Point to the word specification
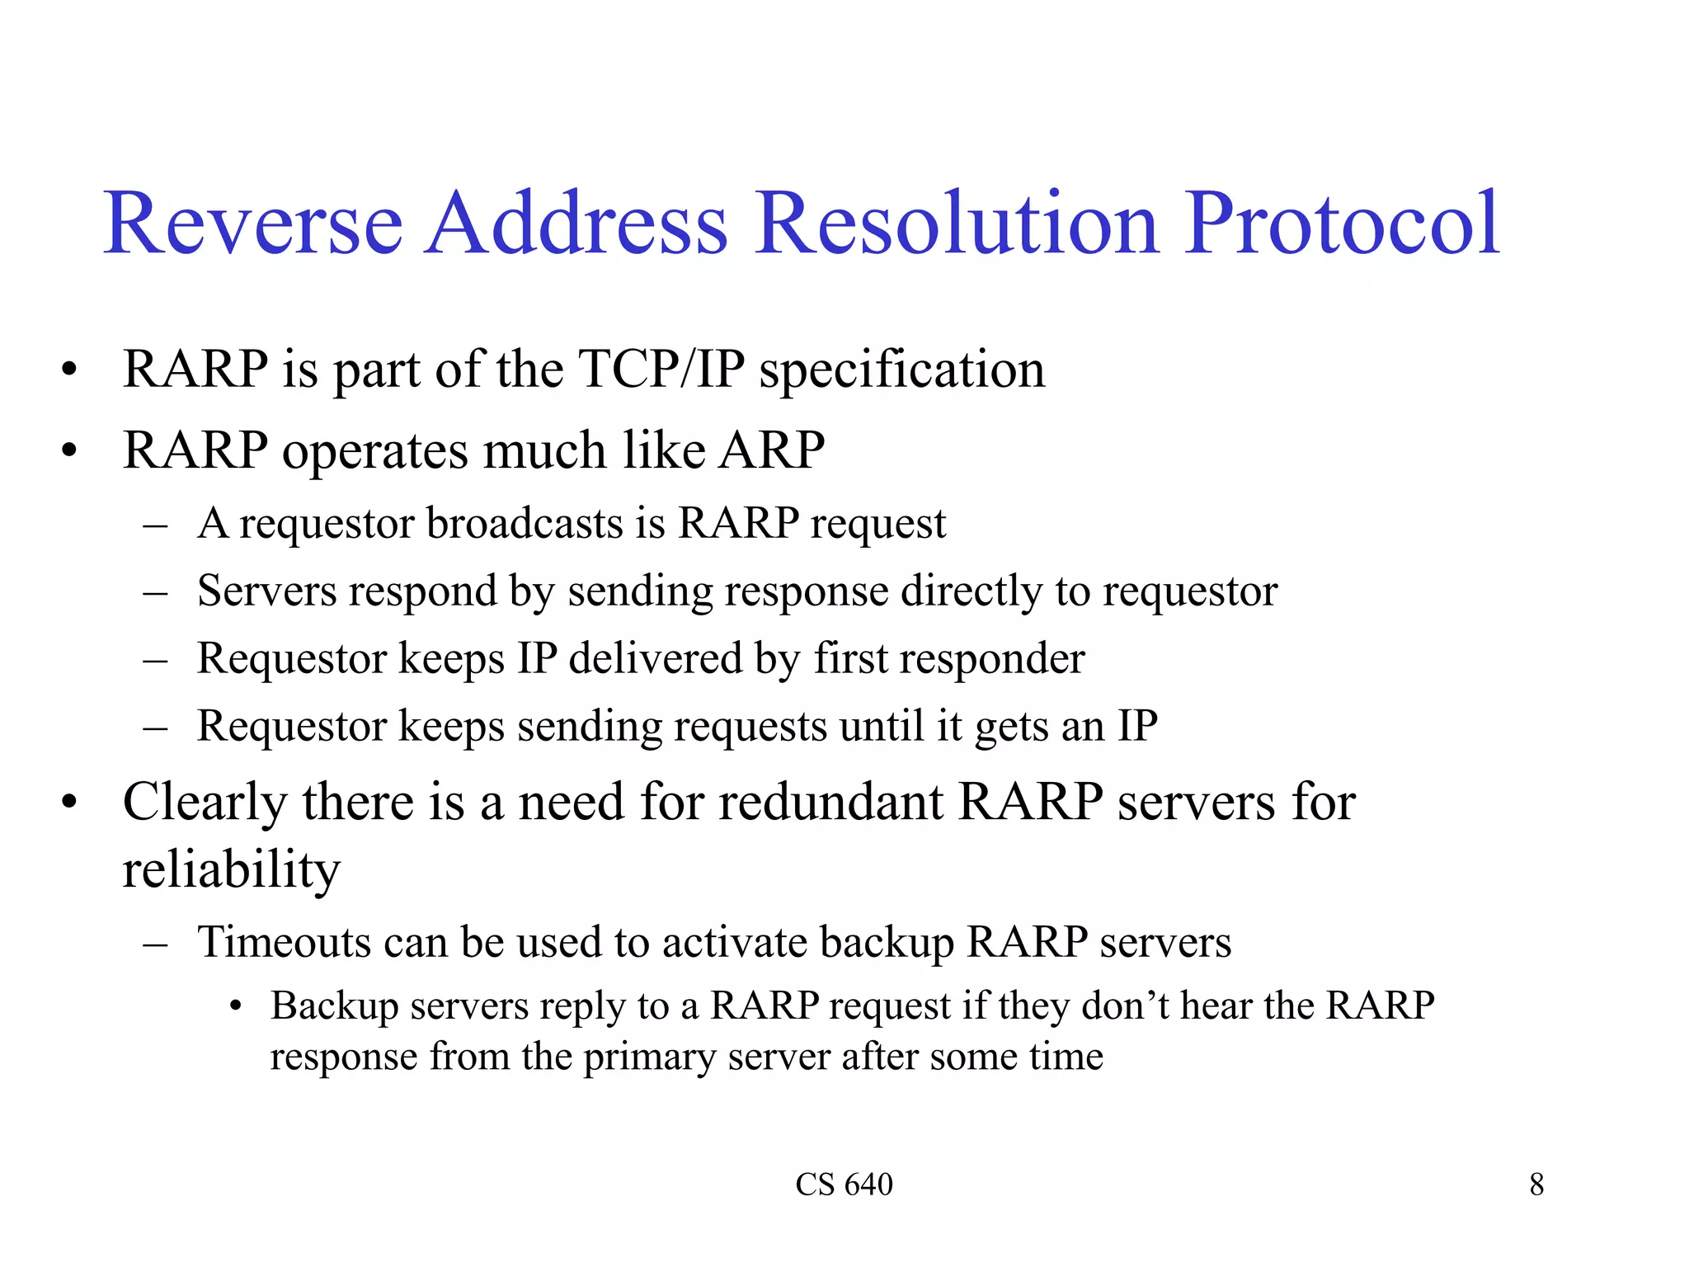coord(901,370)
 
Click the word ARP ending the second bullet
coord(772,450)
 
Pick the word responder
coord(991,659)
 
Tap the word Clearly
coord(205,803)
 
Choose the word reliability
coord(231,870)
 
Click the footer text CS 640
coord(844,1185)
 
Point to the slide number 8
coord(1536,1185)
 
